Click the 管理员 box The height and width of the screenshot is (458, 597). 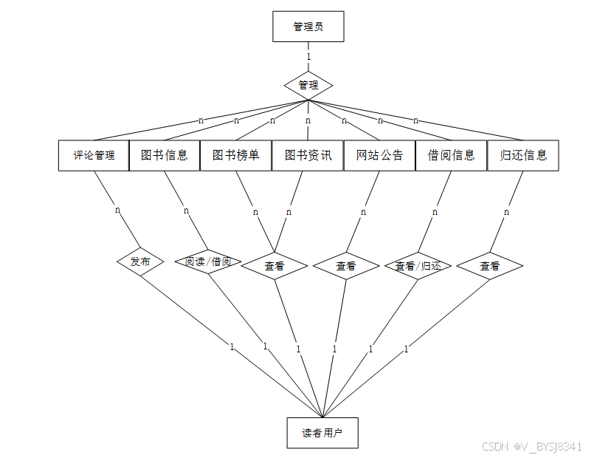(x=308, y=27)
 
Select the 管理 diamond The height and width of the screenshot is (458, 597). (x=308, y=85)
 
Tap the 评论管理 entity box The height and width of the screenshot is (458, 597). (x=94, y=155)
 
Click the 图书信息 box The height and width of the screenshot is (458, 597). (x=165, y=155)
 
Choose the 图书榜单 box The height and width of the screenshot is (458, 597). (x=236, y=155)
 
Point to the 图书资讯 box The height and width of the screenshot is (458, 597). (x=308, y=155)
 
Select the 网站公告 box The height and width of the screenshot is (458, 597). (x=379, y=155)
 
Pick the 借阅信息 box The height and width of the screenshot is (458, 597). (x=451, y=155)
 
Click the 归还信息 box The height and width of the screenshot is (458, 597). (x=523, y=155)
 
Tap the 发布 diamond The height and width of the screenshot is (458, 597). (x=140, y=262)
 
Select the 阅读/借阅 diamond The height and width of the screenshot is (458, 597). (x=208, y=262)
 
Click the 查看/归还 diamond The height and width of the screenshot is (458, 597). (x=418, y=266)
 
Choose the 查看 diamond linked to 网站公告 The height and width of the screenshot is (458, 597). (x=346, y=266)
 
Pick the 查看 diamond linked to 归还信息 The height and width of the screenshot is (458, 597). (x=490, y=266)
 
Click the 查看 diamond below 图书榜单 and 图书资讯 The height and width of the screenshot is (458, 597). (x=275, y=266)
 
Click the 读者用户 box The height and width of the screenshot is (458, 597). (x=322, y=433)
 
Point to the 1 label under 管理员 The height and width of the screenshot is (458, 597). (x=308, y=56)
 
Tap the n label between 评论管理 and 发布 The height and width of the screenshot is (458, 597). (x=117, y=210)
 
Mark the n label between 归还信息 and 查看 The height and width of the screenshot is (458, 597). (x=506, y=212)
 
